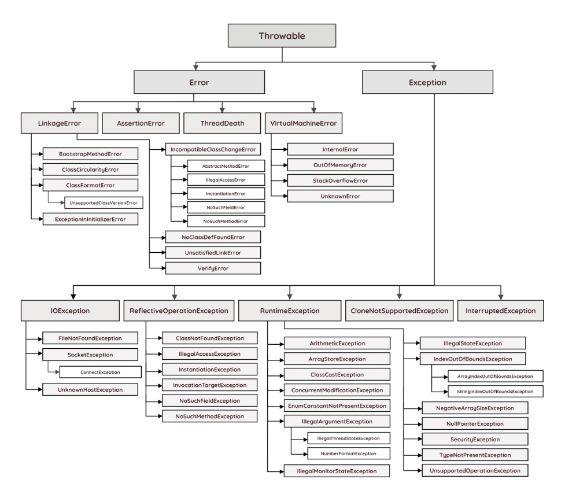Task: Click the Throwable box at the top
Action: point(281,35)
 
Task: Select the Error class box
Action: point(198,82)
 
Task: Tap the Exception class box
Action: point(432,82)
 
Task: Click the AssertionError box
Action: point(141,123)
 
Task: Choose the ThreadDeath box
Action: point(222,123)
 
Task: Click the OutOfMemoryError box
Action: point(341,165)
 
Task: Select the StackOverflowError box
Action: point(341,180)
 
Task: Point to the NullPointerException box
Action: point(474,423)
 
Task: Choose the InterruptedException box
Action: point(501,311)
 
